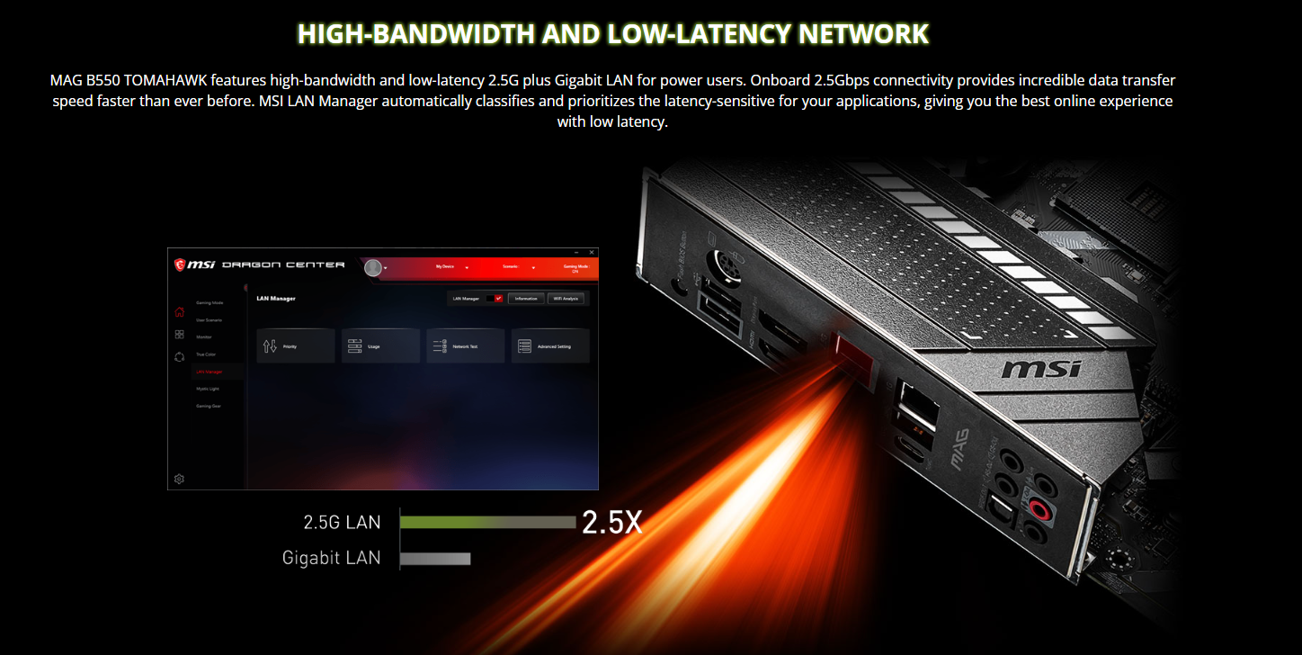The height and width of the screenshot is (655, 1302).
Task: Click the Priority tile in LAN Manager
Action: (295, 346)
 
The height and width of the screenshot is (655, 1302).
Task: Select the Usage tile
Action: (381, 346)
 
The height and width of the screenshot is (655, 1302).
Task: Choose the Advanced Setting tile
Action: (550, 346)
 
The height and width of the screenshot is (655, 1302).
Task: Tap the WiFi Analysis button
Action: (566, 298)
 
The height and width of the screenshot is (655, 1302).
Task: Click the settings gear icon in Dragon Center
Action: (179, 479)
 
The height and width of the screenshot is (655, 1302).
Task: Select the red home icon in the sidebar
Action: (179, 312)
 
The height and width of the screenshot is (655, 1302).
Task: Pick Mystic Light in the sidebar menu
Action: (208, 389)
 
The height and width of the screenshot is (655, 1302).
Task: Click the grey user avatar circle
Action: (373, 267)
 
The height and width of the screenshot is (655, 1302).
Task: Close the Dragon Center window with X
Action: (591, 253)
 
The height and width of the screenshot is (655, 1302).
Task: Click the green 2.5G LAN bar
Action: (486, 522)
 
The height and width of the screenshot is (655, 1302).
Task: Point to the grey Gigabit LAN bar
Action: (435, 559)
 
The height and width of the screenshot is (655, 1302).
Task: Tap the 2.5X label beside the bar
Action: (612, 523)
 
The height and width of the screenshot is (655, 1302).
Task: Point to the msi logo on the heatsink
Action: (1041, 369)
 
